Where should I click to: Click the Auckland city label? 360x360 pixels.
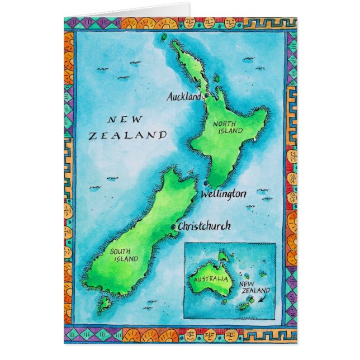pos(184,97)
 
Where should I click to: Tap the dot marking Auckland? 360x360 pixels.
pos(206,96)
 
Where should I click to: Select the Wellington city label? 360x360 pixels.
pos(222,194)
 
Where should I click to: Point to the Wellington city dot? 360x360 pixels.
pos(206,184)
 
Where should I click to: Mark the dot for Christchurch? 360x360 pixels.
pos(173,226)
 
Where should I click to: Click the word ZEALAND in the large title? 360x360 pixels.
pos(128,135)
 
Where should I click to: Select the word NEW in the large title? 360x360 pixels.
pos(125,119)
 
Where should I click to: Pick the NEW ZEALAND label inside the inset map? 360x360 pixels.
pos(254,287)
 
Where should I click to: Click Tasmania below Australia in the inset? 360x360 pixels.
pos(224,301)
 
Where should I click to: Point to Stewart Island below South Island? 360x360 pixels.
pos(104,304)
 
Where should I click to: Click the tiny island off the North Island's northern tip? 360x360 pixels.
pos(164,37)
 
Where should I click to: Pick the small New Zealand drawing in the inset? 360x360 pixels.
pos(247,304)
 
